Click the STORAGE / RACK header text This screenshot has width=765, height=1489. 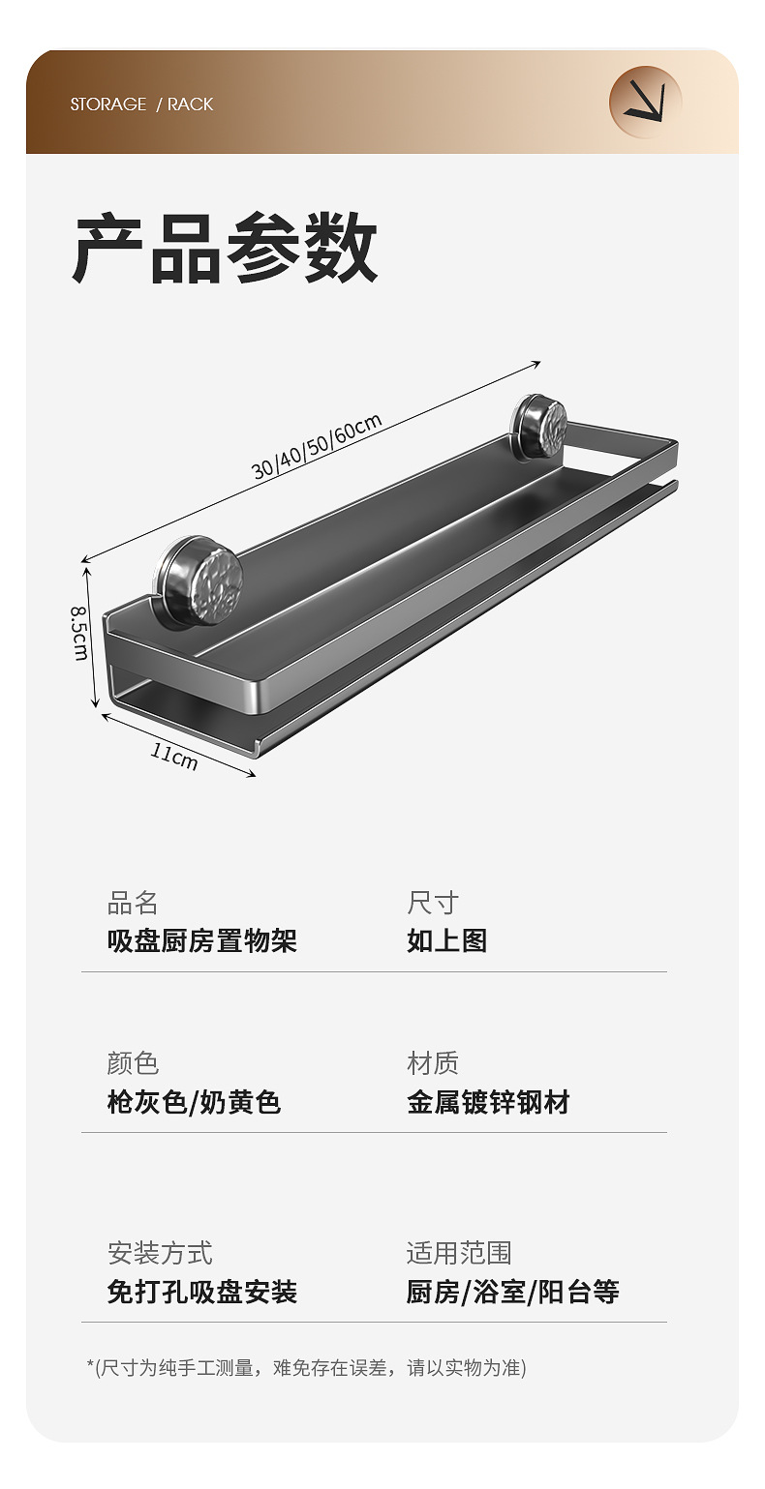click(141, 104)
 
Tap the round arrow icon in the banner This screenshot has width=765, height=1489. click(645, 102)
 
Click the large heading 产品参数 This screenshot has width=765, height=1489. click(226, 251)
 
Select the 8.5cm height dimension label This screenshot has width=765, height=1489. click(80, 634)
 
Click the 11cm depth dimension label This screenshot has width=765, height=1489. click(174, 756)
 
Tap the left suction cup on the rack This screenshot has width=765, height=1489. click(200, 580)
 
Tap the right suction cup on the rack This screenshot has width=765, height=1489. click(539, 426)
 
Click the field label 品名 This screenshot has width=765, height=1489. click(133, 904)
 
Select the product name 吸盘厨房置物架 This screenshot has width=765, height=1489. click(201, 940)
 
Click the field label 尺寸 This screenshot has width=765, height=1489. click(432, 904)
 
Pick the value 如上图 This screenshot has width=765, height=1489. click(446, 940)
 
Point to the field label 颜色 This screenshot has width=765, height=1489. click(133, 1063)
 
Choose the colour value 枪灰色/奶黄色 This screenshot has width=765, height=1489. click(194, 1102)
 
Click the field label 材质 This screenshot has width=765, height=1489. click(432, 1063)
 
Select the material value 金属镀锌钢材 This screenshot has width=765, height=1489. click(488, 1102)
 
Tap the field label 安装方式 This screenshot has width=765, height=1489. click(160, 1254)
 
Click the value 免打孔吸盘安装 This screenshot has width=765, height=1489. click(201, 1292)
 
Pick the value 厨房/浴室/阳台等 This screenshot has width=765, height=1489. click(512, 1292)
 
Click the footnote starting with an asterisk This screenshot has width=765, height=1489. click(307, 1368)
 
